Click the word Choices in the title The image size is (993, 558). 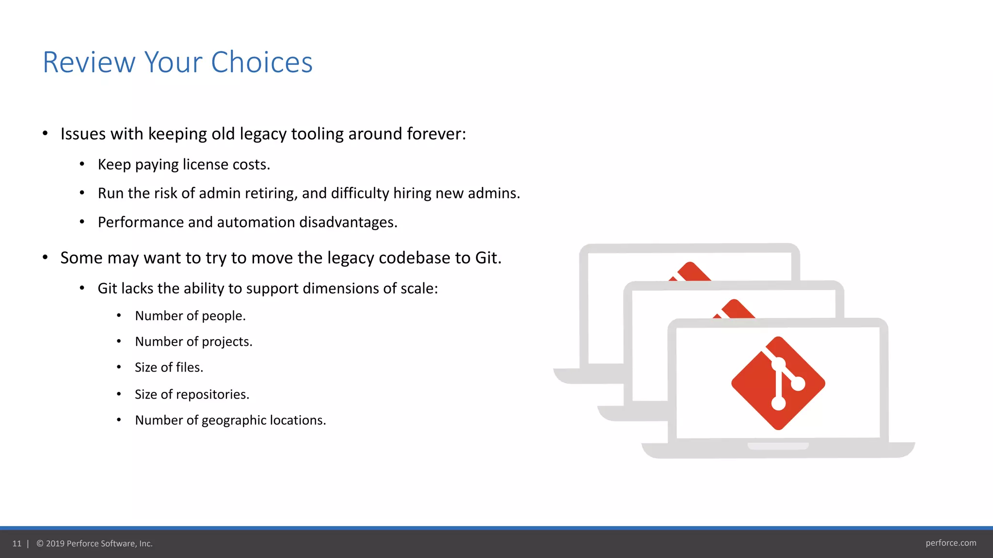[x=262, y=62]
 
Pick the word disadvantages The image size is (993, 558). [x=348, y=222]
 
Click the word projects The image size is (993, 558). [x=226, y=342]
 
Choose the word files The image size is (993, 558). [x=189, y=368]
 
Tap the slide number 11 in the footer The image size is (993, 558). [x=17, y=543]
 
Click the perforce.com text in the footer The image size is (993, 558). [x=950, y=543]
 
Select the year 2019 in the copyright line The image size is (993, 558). [x=55, y=543]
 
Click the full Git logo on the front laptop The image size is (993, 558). [x=778, y=383]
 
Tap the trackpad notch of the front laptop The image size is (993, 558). [x=778, y=446]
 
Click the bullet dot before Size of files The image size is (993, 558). [x=119, y=367]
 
